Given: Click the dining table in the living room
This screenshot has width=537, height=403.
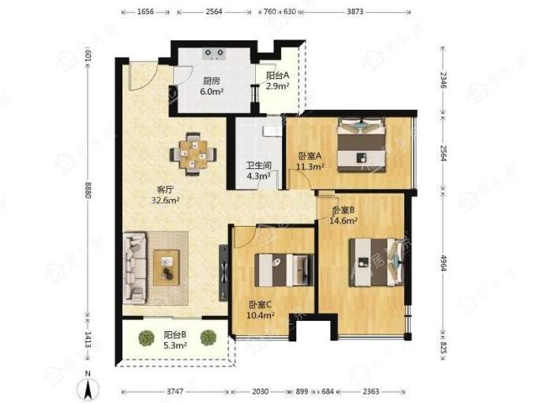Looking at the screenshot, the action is (x=193, y=154).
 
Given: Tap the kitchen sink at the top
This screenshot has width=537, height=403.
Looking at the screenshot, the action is (x=214, y=54).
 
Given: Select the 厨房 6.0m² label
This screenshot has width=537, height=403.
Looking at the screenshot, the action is (x=212, y=86).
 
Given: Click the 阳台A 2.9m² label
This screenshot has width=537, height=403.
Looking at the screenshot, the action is (x=278, y=80).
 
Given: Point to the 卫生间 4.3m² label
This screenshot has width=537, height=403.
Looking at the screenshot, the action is (x=258, y=171).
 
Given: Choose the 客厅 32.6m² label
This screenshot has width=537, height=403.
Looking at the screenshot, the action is (x=166, y=194).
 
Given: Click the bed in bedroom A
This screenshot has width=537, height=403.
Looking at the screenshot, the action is (x=362, y=145).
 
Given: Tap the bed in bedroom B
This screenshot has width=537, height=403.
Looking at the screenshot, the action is (x=375, y=262).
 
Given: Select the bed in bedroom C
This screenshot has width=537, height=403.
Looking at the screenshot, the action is (x=284, y=269).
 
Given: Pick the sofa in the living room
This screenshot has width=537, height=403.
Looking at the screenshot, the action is (x=135, y=268).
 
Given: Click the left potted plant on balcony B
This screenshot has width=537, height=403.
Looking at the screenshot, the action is (x=147, y=338).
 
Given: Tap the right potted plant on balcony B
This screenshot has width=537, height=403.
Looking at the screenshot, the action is (x=208, y=338).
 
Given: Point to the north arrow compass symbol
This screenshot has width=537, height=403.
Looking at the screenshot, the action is (x=88, y=387).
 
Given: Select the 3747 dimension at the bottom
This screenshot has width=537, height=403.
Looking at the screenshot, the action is (x=175, y=391).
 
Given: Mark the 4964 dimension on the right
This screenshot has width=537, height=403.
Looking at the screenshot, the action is (x=443, y=263).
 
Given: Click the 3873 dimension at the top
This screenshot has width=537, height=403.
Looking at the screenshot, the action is (x=355, y=12).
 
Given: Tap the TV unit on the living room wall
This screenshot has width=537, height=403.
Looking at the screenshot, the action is (x=223, y=273).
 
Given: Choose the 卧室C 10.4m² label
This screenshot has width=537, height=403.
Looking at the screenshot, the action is (x=261, y=310).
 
